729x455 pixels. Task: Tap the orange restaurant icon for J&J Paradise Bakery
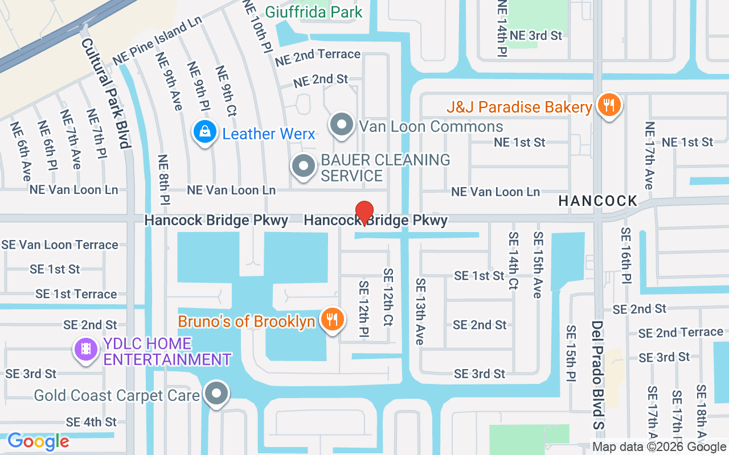[609, 105]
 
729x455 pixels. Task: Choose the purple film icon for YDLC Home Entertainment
[86, 348]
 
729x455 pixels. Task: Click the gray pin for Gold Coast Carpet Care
[216, 394]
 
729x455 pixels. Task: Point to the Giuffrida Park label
[314, 11]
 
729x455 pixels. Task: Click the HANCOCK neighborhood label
[598, 201]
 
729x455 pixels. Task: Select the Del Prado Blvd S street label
[597, 374]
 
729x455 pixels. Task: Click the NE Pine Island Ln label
[158, 41]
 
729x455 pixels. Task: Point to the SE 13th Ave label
[420, 311]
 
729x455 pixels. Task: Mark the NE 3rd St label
[536, 35]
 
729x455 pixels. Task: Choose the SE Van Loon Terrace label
[60, 245]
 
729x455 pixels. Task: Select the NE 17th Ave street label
[649, 155]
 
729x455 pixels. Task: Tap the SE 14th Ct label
[513, 261]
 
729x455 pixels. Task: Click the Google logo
[38, 441]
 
